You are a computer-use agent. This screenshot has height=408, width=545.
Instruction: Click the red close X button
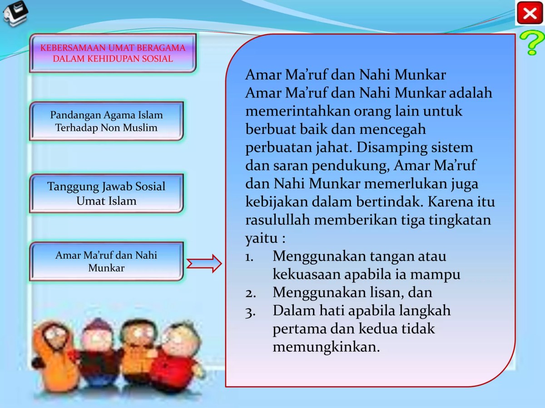tap(530, 13)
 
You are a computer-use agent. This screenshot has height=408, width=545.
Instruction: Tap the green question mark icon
tap(530, 43)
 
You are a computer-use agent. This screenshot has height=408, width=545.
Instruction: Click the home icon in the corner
tap(15, 13)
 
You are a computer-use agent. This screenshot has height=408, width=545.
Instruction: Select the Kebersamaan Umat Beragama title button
tap(113, 53)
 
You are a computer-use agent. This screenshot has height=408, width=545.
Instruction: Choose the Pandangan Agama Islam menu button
tap(106, 121)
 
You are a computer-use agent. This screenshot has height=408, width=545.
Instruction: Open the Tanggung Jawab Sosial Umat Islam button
tap(106, 193)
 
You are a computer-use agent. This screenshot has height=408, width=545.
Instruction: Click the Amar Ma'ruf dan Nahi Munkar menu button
tap(106, 261)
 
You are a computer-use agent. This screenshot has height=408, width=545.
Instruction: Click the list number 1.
tap(249, 257)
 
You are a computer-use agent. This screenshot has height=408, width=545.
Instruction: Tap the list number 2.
tap(250, 293)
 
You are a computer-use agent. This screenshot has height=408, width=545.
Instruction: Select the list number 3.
tap(250, 312)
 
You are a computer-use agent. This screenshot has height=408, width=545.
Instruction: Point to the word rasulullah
tap(277, 220)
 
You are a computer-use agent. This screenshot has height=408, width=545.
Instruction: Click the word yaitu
tap(261, 239)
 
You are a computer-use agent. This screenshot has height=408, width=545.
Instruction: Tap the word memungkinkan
tap(326, 347)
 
